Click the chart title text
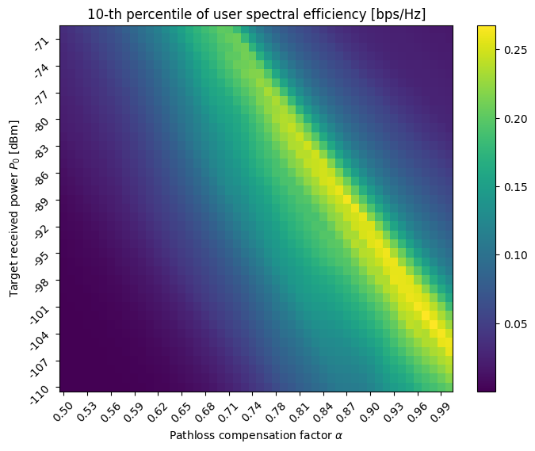[x=257, y=10]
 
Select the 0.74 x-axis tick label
[x=252, y=411]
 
